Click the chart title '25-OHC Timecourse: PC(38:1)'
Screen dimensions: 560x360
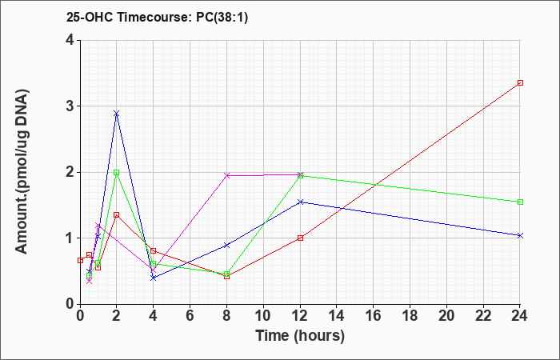(157, 18)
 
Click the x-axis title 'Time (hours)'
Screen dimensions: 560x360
(300, 336)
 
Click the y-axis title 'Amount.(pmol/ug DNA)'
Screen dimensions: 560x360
(22, 172)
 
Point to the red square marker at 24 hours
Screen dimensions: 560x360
(520, 83)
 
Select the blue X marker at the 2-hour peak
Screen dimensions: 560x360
(116, 114)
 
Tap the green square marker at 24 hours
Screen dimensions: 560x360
(520, 202)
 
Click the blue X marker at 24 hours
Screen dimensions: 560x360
(520, 236)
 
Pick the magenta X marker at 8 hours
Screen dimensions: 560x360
(226, 175)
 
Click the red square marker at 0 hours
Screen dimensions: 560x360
(80, 260)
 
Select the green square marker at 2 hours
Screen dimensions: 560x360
(116, 173)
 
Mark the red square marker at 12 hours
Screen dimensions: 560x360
(300, 238)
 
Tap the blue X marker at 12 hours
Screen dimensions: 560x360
(300, 202)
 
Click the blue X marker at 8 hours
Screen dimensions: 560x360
(226, 246)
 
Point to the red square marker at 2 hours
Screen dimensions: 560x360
(116, 215)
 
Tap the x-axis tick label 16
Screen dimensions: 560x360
(374, 316)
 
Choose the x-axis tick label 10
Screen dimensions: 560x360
(263, 316)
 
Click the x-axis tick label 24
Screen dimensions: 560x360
(520, 316)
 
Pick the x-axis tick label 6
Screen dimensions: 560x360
(190, 316)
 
